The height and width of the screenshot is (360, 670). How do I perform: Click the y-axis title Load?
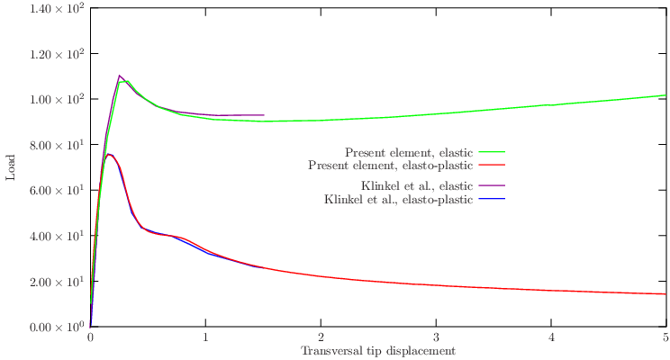[11, 166]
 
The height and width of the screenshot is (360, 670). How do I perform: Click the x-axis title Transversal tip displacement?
[378, 351]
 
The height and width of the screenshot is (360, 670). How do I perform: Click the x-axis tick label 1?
[205, 337]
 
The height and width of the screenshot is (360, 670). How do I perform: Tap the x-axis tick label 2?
[321, 337]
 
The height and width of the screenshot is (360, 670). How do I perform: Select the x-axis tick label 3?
[436, 337]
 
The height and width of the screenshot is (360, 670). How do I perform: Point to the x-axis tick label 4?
[551, 337]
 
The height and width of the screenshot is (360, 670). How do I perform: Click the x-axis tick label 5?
[665, 337]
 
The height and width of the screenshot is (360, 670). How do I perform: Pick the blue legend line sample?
[491, 199]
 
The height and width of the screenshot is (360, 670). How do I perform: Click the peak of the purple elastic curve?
[120, 76]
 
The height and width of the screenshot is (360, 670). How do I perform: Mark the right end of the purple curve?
[264, 115]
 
